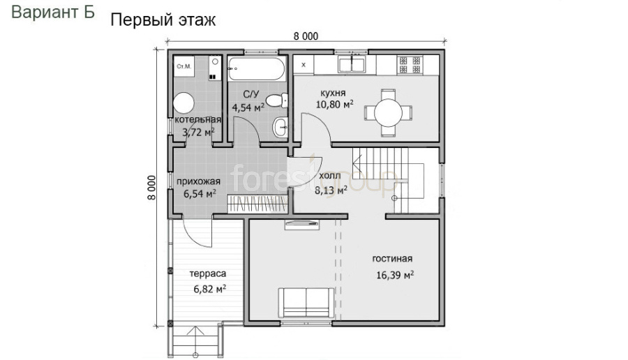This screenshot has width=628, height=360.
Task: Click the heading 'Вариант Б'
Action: [53, 13]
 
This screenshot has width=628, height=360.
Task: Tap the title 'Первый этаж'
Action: [163, 20]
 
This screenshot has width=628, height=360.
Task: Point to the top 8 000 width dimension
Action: [306, 36]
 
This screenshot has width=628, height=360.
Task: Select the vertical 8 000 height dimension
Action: [151, 188]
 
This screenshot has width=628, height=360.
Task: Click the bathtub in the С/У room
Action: [257, 69]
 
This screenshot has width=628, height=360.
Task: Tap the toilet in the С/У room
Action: [277, 100]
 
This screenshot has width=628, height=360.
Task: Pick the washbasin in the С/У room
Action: [281, 128]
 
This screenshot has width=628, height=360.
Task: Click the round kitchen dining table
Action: [388, 112]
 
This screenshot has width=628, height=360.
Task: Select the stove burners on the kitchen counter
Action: [410, 65]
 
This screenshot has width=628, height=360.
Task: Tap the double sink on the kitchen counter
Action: [352, 64]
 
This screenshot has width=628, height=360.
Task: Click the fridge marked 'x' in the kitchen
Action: [304, 64]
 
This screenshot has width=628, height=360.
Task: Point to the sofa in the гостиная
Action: [306, 303]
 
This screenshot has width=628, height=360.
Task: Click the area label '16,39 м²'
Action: [395, 275]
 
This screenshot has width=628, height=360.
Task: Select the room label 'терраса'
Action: [208, 274]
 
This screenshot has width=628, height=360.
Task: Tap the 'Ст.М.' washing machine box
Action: [184, 66]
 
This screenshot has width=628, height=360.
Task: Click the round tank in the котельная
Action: [184, 103]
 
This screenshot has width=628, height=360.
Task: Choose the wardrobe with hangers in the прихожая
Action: [257, 204]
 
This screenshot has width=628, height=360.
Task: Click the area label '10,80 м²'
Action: [335, 105]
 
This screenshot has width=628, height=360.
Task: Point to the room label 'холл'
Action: [330, 176]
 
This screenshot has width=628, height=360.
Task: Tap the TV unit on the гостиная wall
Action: [302, 225]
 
